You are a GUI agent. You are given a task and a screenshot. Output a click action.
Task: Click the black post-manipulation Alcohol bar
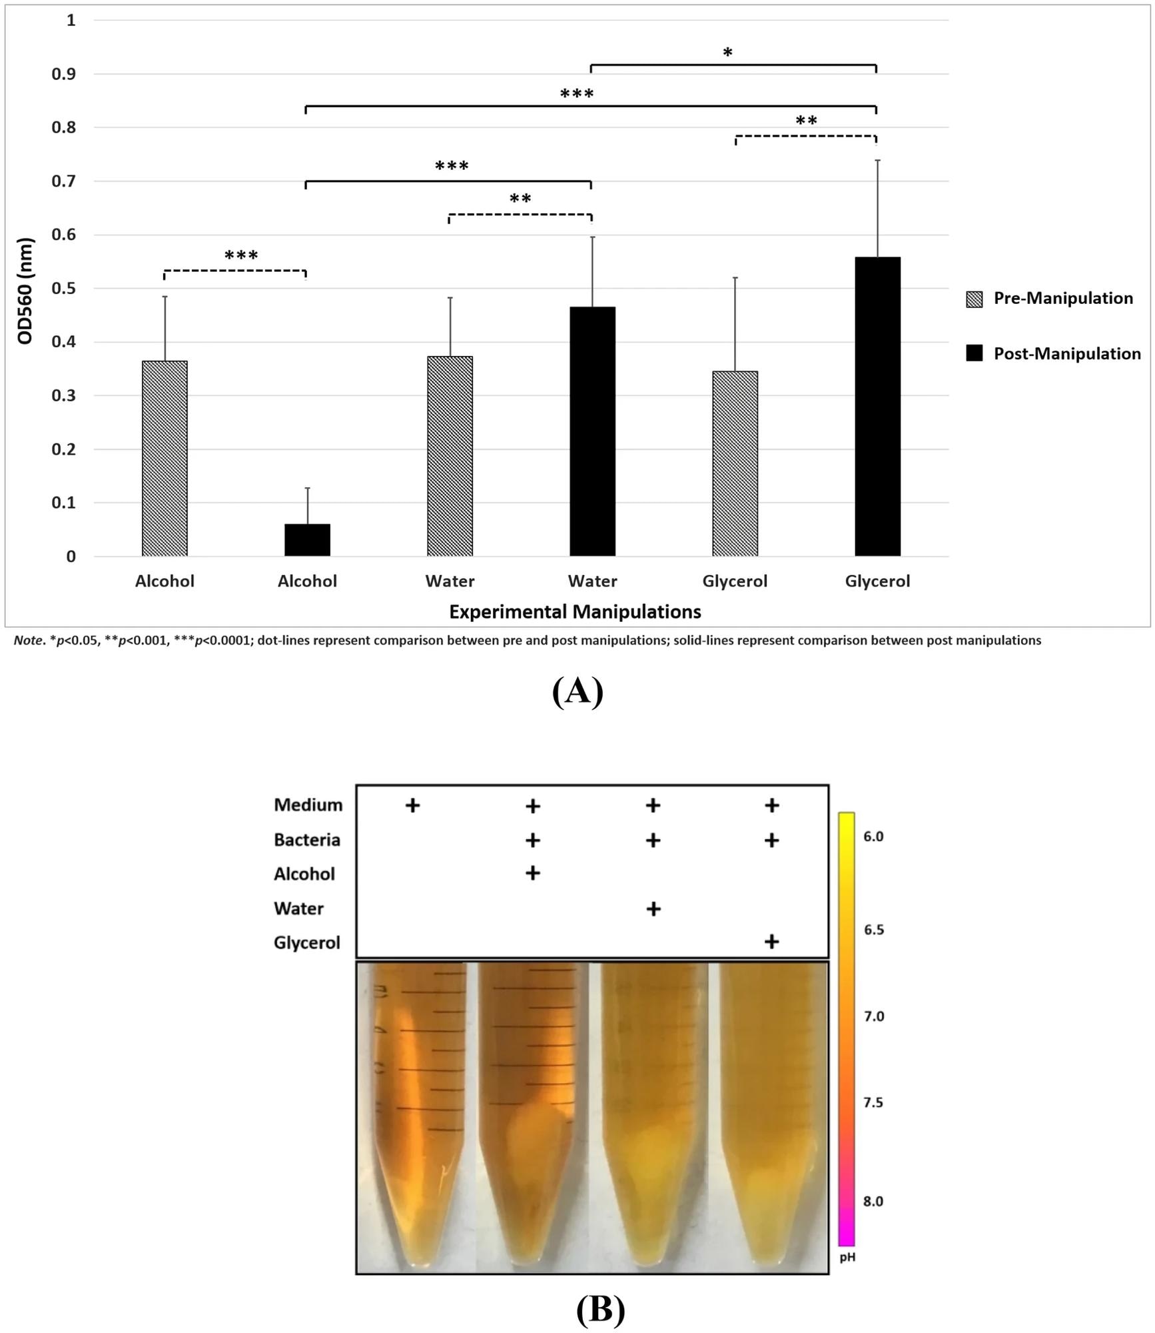307,540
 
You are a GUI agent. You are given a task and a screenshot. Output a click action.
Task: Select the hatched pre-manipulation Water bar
450,456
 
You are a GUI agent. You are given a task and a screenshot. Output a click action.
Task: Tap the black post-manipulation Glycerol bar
877,407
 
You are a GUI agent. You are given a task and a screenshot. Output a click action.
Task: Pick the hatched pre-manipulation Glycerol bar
735,463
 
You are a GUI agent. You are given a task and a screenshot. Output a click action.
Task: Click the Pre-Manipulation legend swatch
974,299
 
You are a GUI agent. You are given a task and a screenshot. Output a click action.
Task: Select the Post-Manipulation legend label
1066,354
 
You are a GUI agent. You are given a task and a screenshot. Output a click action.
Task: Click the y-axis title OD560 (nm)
25,291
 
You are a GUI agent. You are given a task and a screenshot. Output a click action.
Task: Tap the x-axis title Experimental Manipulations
575,612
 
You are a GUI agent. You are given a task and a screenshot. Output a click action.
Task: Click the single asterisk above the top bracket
727,53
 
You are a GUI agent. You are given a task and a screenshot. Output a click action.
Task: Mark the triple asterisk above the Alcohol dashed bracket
241,256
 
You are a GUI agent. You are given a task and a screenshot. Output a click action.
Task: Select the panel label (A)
577,691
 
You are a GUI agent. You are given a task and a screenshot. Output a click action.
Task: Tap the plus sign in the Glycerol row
771,941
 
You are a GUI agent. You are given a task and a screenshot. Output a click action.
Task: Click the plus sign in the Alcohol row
532,872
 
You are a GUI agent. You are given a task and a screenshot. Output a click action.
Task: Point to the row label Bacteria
306,840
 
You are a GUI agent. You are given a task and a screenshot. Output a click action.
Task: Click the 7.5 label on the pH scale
873,1102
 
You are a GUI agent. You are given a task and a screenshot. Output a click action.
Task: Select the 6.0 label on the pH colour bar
873,836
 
